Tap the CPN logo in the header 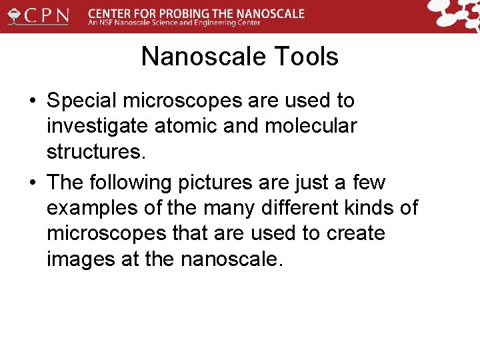tap(38, 15)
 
